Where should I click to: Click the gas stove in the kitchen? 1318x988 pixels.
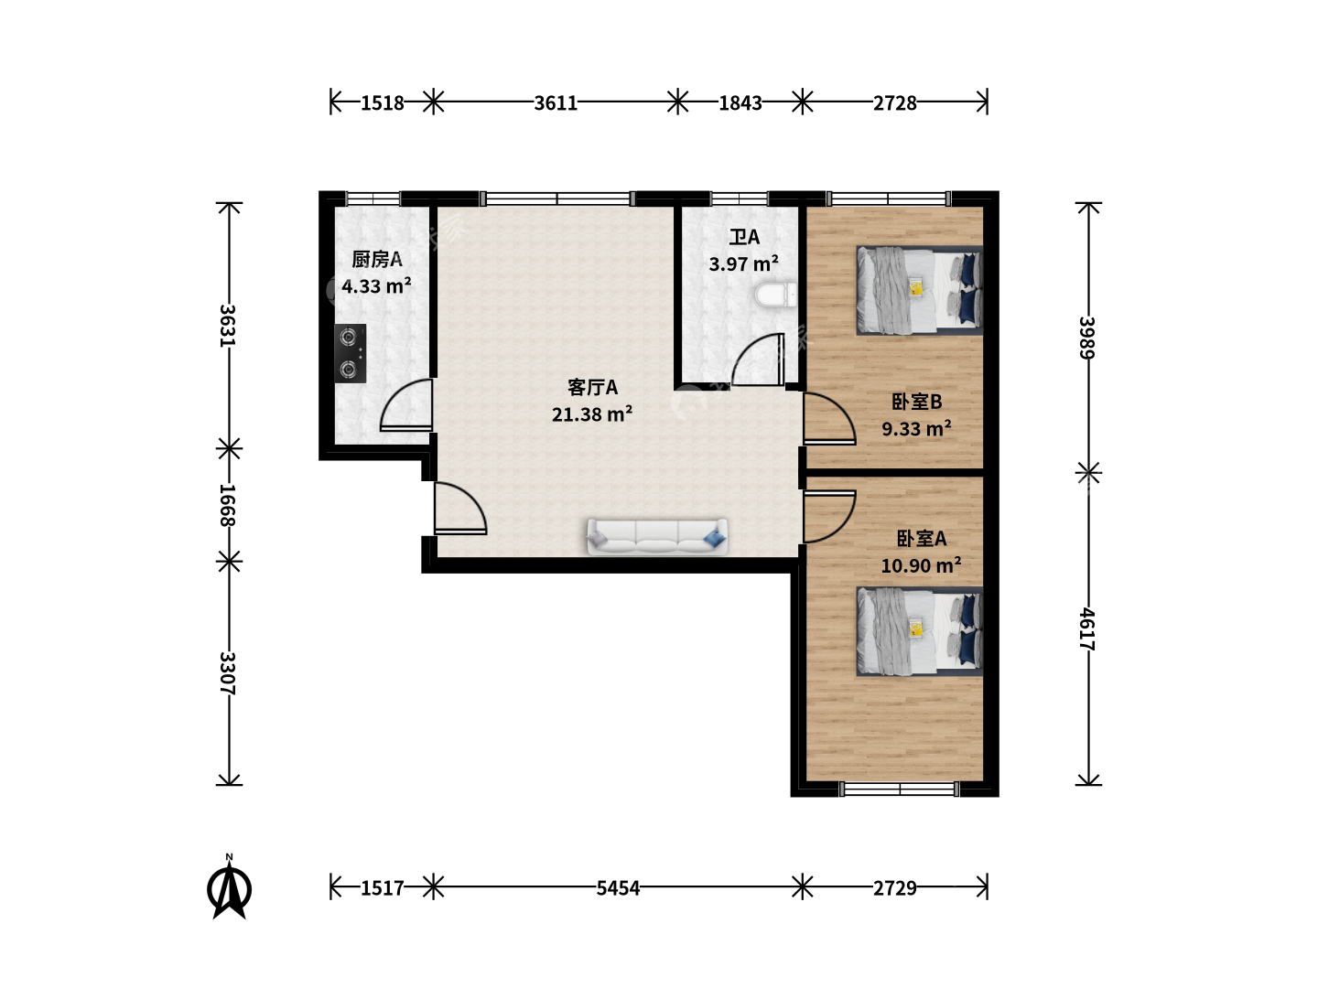pos(350,353)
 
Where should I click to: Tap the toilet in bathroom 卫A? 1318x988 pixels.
pos(776,295)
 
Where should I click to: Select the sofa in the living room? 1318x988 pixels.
pos(657,536)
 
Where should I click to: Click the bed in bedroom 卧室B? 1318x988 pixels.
pos(919,290)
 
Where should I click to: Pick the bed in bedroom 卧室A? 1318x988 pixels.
pos(919,631)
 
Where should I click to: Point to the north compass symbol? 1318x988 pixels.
pos(230,887)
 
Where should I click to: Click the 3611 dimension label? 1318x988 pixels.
pos(556,103)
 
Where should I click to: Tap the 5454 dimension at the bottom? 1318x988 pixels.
pos(618,887)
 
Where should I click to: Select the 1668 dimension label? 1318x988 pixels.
pos(227,505)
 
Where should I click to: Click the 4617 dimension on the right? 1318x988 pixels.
pos(1087,628)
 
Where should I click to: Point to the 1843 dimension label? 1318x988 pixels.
pos(740,103)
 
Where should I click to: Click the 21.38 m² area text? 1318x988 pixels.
pos(592,413)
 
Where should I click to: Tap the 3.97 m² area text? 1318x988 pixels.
pos(744,263)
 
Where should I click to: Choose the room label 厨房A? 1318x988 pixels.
pos(376,259)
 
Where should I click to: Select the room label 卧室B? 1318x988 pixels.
pos(916,402)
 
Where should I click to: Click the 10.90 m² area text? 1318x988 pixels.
pos(921,565)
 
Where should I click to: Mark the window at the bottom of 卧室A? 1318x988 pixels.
pos(899,789)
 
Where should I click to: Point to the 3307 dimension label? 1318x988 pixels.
pos(227,673)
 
